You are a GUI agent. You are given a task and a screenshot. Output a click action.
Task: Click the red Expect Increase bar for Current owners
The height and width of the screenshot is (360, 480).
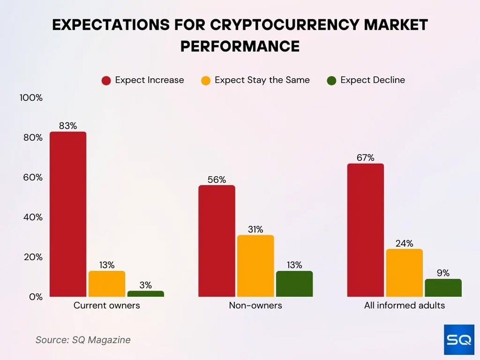[68, 214]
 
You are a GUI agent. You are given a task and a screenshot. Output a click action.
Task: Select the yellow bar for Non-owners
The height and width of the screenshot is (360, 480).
[255, 265]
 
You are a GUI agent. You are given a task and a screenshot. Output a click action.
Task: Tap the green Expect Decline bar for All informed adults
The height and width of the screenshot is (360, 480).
[443, 288]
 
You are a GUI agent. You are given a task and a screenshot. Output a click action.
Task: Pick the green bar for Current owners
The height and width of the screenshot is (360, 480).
[145, 293]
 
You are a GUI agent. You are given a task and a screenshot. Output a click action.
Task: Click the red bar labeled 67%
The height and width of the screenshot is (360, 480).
[365, 230]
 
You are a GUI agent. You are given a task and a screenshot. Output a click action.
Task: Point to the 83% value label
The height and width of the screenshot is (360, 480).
[68, 126]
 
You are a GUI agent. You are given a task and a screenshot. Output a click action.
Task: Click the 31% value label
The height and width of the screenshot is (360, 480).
[255, 229]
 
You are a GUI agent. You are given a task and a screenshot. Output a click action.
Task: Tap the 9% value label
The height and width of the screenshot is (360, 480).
[443, 273]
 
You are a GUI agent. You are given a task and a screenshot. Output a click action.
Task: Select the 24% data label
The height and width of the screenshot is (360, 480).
[404, 243]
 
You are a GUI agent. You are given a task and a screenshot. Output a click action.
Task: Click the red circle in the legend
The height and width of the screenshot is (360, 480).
[106, 81]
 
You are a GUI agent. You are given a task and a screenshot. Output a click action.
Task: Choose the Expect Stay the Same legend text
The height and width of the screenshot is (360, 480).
[262, 80]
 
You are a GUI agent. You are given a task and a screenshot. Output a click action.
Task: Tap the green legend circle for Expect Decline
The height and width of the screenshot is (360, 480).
[332, 81]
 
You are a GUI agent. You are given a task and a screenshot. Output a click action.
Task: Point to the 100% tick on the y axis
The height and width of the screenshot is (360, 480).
[31, 98]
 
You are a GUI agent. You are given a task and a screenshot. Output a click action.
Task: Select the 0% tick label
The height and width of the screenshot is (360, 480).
[35, 297]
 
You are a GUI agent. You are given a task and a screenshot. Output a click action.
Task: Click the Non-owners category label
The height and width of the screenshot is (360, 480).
[255, 305]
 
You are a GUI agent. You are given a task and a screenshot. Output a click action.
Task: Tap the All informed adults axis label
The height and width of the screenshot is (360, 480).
[404, 305]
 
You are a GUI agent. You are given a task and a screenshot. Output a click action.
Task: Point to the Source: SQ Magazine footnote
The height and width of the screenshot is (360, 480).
[83, 340]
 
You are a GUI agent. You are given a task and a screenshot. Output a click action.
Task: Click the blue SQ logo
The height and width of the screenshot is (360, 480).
[459, 340]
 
